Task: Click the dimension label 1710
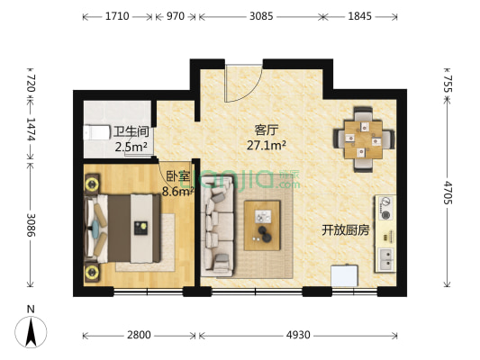pos(117,16)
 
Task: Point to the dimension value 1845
pos(358,16)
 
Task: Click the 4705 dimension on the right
pos(448,194)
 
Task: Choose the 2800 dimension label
pos(139,335)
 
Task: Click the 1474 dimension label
pos(31,134)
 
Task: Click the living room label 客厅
pos(266,129)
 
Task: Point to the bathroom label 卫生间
pos(131,133)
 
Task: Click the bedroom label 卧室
pos(177,176)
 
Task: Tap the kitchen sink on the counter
pos(386,260)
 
